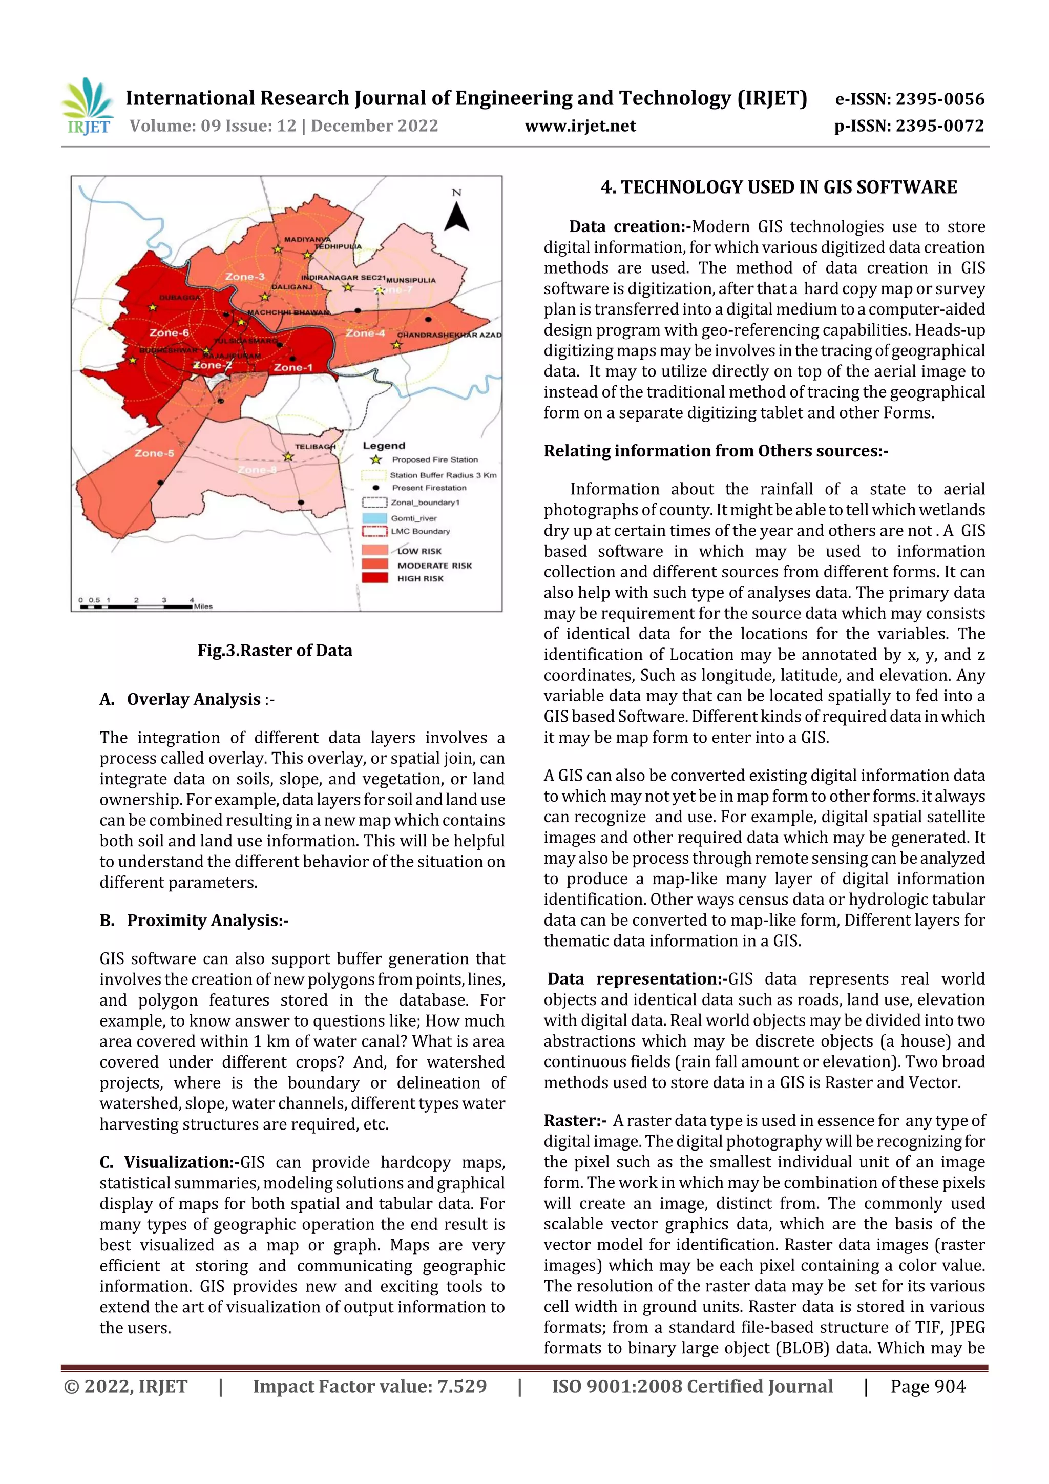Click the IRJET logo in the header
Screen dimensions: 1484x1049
point(87,107)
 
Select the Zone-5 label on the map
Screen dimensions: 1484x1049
point(154,453)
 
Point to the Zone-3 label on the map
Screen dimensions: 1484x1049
point(244,277)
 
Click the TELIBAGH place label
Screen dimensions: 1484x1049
point(315,447)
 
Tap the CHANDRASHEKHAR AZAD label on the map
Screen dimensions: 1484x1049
point(449,335)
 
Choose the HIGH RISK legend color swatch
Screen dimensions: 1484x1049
point(374,578)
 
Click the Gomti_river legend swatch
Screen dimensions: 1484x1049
point(374,518)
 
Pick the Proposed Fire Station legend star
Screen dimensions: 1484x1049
point(375,459)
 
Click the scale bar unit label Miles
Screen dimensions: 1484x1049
point(203,607)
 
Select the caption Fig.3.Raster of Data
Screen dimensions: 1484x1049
point(275,650)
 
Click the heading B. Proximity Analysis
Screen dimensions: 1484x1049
point(194,921)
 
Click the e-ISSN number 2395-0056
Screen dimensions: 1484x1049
point(938,99)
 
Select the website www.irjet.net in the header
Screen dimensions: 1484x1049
point(580,126)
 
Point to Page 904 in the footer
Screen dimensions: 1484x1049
point(927,1386)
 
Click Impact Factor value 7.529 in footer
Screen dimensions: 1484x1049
point(370,1386)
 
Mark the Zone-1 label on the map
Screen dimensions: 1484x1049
point(293,367)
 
